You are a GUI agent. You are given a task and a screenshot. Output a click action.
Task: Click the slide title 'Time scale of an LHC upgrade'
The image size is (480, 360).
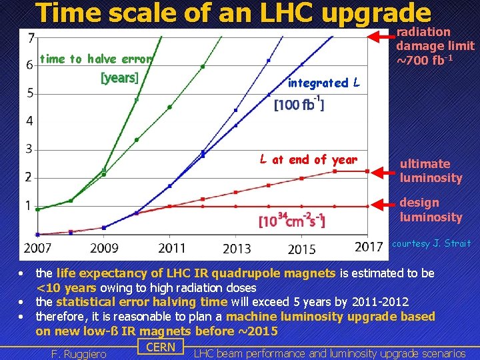point(233,13)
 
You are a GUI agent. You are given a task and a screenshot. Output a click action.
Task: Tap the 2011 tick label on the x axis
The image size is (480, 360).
point(172,248)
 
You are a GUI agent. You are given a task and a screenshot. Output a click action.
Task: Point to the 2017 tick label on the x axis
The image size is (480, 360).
point(369,247)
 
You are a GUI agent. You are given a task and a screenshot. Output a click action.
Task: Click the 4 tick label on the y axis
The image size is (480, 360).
point(30,121)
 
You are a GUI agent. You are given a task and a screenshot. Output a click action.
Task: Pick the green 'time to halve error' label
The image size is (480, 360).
point(97,59)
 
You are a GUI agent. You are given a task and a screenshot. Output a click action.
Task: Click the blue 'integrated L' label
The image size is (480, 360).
point(324,83)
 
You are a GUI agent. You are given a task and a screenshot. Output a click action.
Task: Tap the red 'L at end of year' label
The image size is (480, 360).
point(308,159)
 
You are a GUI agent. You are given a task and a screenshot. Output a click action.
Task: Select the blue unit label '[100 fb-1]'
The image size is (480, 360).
point(299,105)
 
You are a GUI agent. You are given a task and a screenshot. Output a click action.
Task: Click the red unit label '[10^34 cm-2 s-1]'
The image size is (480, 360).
point(291,219)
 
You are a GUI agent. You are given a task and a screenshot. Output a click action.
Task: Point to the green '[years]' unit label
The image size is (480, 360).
point(119,78)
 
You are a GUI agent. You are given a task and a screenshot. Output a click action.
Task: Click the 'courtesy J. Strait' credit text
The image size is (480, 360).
point(431,243)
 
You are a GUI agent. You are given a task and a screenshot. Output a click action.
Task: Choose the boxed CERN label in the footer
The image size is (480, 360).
point(160,347)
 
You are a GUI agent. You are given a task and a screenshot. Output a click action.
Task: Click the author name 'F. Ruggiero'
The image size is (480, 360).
point(79,354)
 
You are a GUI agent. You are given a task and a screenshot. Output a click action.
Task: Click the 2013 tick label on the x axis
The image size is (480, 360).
point(237,249)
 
